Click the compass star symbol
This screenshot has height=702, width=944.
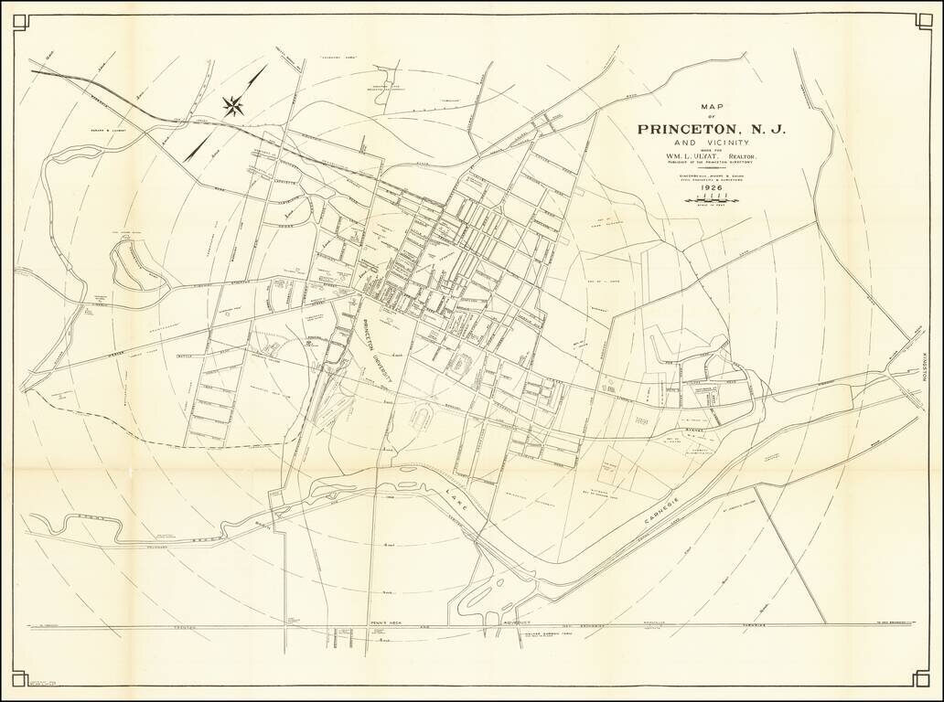pyautogui.click(x=234, y=105)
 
